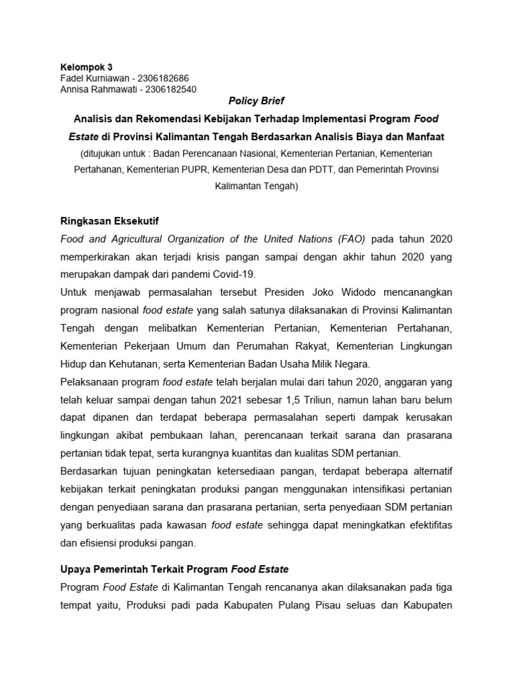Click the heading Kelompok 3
point(87,67)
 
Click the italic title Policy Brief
point(256,101)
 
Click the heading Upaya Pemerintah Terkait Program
point(144,570)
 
